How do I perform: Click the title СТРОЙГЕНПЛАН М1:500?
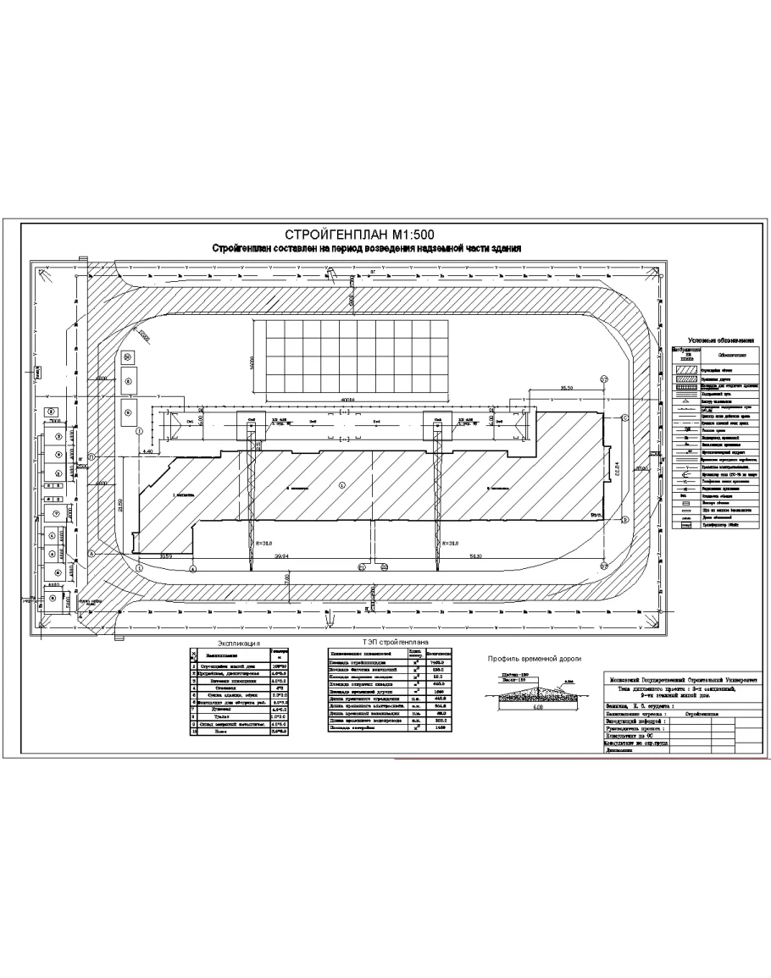[x=365, y=235]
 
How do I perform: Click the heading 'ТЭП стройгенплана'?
[x=391, y=644]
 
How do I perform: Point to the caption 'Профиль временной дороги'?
[x=533, y=659]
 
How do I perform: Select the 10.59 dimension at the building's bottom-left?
[x=166, y=556]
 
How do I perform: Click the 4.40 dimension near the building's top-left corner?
[x=147, y=452]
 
